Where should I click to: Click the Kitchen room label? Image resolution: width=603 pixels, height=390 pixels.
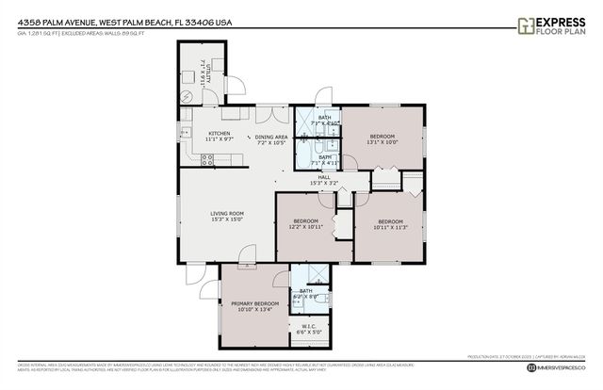(219, 137)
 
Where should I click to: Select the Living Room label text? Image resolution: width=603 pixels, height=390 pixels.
(226, 217)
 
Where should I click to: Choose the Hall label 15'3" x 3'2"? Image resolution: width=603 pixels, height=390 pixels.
(323, 180)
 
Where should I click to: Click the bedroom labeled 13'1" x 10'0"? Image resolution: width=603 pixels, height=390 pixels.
(381, 140)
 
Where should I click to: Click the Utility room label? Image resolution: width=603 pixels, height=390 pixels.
(204, 72)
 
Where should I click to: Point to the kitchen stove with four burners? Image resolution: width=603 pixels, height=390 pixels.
(207, 161)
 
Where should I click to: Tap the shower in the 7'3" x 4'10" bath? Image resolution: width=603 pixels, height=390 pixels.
(306, 120)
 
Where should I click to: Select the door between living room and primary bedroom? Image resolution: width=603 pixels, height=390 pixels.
(247, 254)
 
